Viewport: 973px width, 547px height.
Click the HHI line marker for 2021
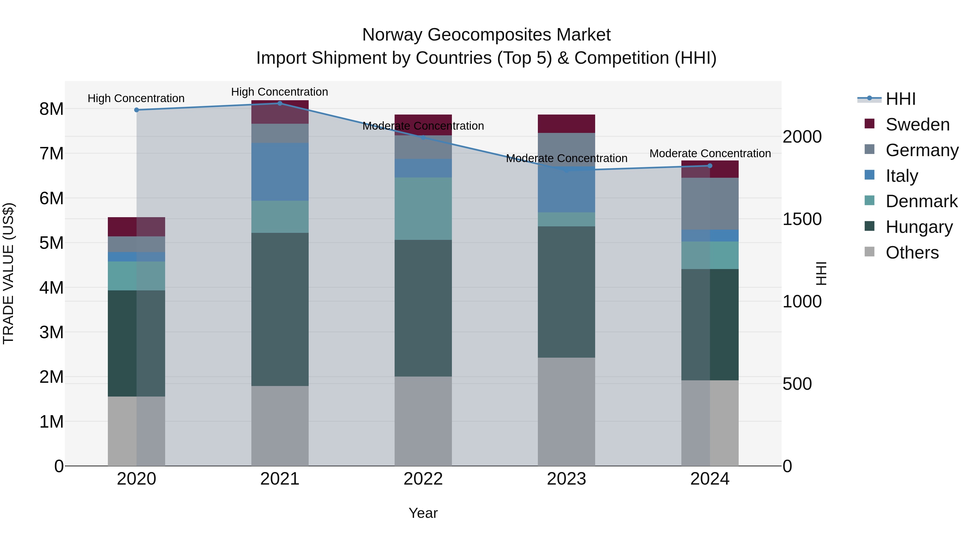pos(280,103)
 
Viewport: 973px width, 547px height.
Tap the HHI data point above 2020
pos(137,110)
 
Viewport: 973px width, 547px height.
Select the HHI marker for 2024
pos(710,166)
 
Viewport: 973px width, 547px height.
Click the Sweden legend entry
pos(917,125)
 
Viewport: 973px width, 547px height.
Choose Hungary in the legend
pos(919,227)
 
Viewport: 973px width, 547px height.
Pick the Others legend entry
pos(912,253)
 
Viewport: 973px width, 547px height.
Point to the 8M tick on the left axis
pos(51,109)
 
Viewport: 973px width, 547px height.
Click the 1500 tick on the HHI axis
pos(802,219)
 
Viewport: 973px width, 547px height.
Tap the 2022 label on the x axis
pos(423,479)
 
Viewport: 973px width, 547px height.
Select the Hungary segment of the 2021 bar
pos(280,310)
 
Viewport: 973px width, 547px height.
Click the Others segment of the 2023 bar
pos(566,411)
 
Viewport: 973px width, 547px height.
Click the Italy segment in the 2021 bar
pos(280,172)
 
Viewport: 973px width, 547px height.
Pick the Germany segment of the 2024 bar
pos(710,204)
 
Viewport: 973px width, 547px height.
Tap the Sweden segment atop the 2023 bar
pos(566,124)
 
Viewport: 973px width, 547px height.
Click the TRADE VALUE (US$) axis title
pos(8,273)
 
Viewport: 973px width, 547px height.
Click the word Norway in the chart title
pos(393,35)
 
